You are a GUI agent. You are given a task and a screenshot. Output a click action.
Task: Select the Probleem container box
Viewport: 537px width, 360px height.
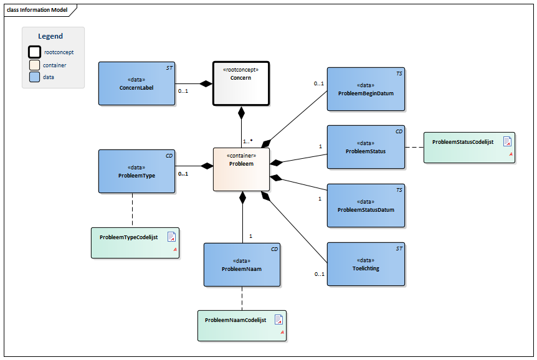coord(241,168)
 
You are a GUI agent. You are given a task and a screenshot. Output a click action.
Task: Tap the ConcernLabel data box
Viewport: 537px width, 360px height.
coord(136,83)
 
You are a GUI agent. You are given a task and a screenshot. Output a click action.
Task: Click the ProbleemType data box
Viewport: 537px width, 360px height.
coord(136,171)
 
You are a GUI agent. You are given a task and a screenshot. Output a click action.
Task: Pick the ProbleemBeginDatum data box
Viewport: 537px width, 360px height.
coord(366,89)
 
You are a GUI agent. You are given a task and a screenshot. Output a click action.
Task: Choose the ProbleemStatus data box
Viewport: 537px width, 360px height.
coord(366,146)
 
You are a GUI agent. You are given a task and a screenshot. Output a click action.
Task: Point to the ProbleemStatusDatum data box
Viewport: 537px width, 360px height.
coord(366,205)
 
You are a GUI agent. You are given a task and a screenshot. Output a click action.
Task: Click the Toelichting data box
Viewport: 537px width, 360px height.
coord(366,264)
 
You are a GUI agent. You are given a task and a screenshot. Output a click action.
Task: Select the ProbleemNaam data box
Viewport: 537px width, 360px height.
coord(242,265)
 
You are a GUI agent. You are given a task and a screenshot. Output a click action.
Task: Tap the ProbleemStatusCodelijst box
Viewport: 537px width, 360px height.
coord(469,148)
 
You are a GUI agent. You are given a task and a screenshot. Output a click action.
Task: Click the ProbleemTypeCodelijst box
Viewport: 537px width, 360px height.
coord(135,242)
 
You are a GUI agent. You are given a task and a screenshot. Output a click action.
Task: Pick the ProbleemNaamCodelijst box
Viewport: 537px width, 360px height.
coord(242,325)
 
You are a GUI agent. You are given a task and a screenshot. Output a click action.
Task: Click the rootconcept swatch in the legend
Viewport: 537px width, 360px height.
coord(35,52)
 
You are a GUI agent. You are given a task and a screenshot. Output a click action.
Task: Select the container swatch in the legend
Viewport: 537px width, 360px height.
coord(35,65)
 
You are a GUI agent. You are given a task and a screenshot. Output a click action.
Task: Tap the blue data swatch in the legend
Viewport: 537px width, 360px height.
coord(35,77)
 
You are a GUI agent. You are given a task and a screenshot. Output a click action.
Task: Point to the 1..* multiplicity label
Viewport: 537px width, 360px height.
coord(247,141)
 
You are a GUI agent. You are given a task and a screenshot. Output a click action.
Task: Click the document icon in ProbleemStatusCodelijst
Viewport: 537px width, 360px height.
coord(507,141)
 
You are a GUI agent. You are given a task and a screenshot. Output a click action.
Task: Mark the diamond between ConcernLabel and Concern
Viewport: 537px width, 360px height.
coord(206,83)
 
